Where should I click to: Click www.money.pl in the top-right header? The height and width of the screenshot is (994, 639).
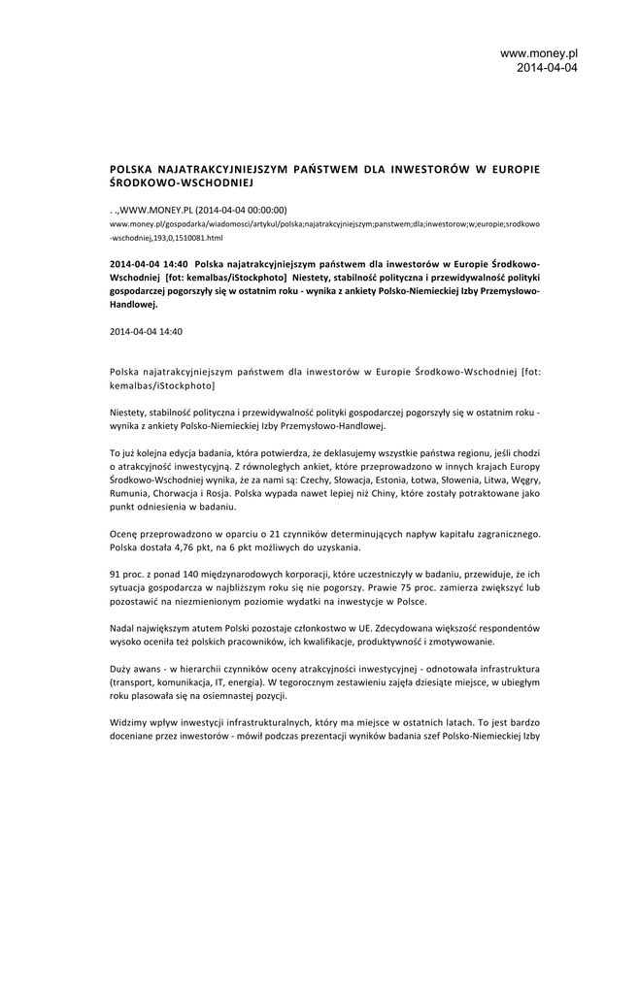point(539,53)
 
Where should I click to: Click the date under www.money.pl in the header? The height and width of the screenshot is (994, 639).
point(547,68)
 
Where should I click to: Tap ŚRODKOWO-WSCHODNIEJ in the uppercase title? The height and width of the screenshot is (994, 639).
point(181,182)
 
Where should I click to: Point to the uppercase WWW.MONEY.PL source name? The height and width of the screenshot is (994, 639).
point(155,209)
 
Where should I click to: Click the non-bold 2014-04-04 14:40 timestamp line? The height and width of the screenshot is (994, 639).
point(146,331)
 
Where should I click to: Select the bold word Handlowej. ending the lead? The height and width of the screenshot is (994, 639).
point(134,304)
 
